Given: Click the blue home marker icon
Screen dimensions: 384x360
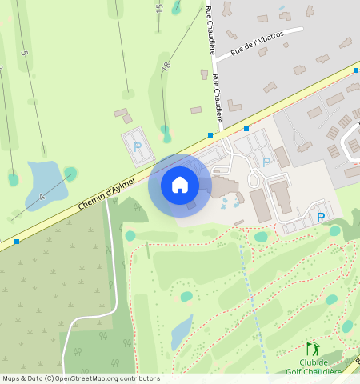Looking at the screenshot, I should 180,185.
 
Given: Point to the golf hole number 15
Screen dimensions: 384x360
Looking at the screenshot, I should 159,9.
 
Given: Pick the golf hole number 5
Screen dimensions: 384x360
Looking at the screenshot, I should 25,54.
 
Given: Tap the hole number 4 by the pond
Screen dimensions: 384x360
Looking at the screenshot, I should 42,196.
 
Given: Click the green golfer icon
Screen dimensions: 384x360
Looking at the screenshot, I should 312,349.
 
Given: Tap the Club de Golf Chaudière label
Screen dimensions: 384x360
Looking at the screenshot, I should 314,366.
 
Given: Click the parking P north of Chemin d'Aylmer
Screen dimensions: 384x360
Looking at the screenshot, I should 138,147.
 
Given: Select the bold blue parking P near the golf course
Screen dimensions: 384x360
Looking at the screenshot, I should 321,217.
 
